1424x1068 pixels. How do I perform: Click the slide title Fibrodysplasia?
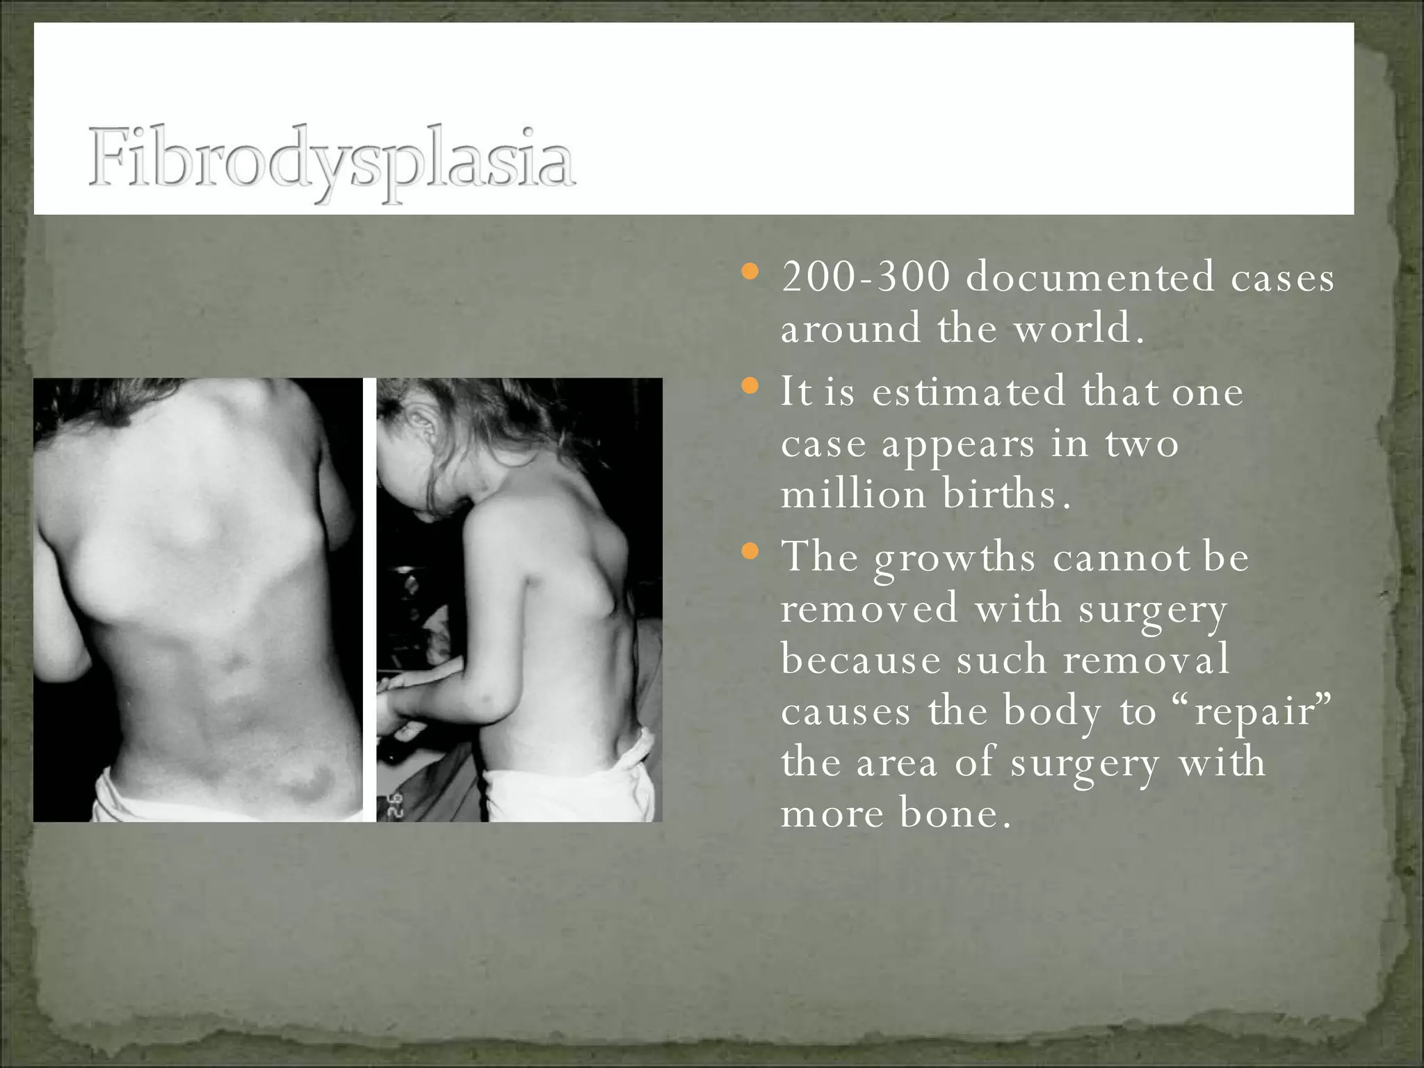tap(332, 161)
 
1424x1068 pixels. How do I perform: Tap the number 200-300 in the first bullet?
tap(866, 276)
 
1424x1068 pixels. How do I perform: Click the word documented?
tap(1090, 276)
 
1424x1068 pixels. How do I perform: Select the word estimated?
tap(969, 391)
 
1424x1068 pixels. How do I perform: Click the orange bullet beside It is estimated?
tap(750, 386)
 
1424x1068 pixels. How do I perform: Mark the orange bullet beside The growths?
tap(750, 552)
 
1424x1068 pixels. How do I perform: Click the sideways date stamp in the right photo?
tap(391, 805)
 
